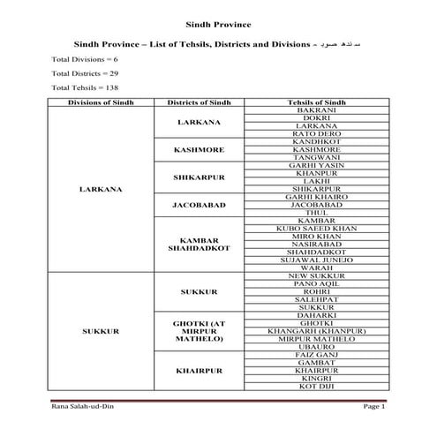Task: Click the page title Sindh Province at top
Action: [218, 25]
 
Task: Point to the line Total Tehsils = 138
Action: [80, 88]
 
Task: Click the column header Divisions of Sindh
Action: [101, 102]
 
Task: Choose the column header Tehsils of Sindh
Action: [316, 102]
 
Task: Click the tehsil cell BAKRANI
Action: [316, 110]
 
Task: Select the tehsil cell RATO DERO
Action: [316, 134]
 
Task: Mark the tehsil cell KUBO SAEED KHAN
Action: [316, 229]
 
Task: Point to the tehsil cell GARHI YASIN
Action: [316, 165]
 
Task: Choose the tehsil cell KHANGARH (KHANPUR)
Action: [316, 331]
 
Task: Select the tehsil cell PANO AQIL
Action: [316, 283]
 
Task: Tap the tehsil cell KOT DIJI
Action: [316, 386]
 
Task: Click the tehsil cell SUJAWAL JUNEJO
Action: [316, 260]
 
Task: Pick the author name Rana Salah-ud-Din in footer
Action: [81, 405]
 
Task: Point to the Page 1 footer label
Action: [374, 405]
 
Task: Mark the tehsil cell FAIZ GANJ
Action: [316, 354]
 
